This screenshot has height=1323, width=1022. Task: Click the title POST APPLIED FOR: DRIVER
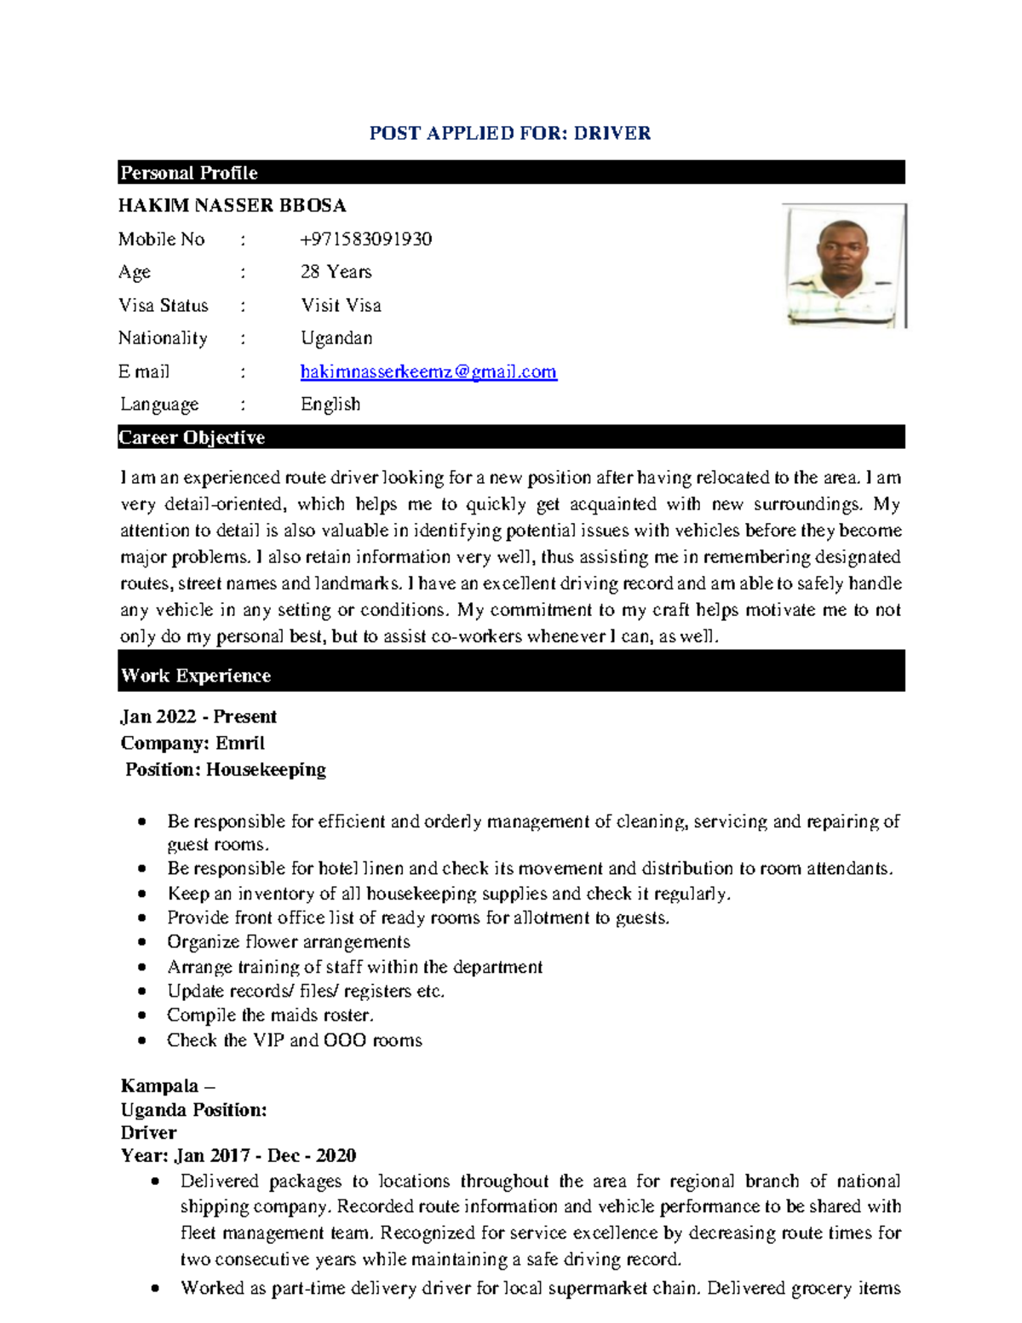(509, 133)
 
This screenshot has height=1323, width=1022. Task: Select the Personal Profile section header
(188, 173)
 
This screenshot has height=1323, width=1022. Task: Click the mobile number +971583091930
(366, 239)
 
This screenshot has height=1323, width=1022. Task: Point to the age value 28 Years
(336, 272)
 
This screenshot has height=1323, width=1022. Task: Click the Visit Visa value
(341, 305)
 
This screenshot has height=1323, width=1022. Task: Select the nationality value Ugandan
(336, 338)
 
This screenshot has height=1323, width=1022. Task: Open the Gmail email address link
(428, 371)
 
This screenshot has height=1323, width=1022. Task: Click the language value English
(330, 404)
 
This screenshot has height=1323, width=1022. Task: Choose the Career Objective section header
(192, 438)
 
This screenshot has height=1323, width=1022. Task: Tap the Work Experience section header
(196, 676)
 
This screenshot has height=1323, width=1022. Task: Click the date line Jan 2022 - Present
(198, 716)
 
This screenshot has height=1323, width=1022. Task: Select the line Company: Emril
(192, 743)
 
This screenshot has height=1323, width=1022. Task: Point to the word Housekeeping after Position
(266, 769)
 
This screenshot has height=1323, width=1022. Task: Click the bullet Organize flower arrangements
(288, 942)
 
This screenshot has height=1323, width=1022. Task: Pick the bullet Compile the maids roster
(270, 1015)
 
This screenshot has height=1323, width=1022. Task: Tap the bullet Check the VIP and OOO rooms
(294, 1040)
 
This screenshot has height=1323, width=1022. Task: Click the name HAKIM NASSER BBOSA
(232, 206)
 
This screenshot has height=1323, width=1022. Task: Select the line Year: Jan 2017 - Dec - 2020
(238, 1156)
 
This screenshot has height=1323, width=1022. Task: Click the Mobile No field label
(162, 239)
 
